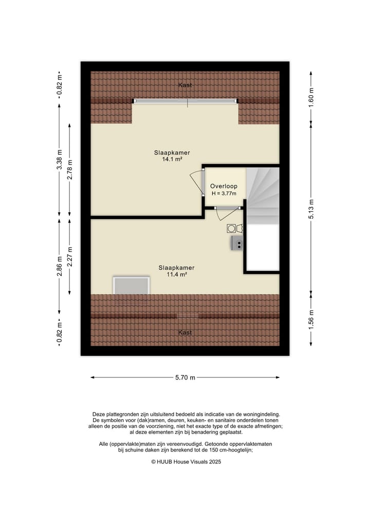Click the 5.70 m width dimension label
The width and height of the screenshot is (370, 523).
point(185,377)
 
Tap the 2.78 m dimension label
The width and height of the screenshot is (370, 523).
point(70,169)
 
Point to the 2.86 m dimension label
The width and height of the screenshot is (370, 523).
point(59,266)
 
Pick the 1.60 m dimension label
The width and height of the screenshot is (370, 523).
point(311,97)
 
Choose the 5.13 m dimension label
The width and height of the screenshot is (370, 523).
point(311,208)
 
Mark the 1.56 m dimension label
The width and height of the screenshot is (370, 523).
point(311,319)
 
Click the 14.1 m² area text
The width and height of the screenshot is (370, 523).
point(172,159)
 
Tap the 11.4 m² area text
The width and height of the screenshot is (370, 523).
point(176,275)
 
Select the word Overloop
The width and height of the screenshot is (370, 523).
point(224,186)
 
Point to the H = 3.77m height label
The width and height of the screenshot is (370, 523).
point(224,193)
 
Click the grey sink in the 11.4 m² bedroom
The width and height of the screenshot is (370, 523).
point(238,243)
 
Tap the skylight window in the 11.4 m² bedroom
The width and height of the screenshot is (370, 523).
point(131,285)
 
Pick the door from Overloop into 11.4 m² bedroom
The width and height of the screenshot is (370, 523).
point(227,208)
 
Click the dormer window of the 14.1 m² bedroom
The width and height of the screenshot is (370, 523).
point(186,101)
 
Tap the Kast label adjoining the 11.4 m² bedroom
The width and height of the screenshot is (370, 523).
point(185,333)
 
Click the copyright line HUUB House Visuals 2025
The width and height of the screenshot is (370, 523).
point(186,462)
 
